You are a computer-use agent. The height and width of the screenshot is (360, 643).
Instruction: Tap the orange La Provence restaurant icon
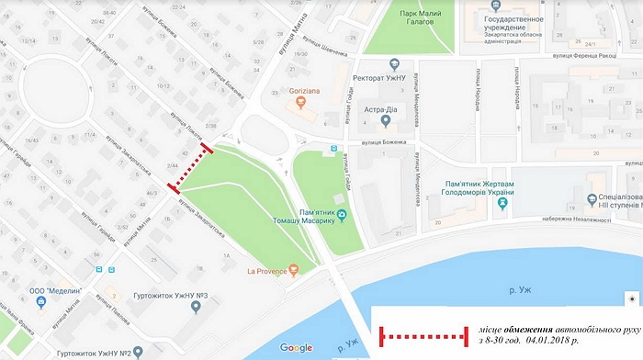coord(293,269)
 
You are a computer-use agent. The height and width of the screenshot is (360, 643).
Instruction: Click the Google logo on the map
coord(297,347)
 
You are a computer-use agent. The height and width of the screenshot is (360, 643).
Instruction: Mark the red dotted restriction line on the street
coord(195,169)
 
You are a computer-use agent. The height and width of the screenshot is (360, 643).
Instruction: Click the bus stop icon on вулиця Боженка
coord(334,147)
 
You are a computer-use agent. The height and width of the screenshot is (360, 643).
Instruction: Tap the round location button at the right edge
coord(631,299)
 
